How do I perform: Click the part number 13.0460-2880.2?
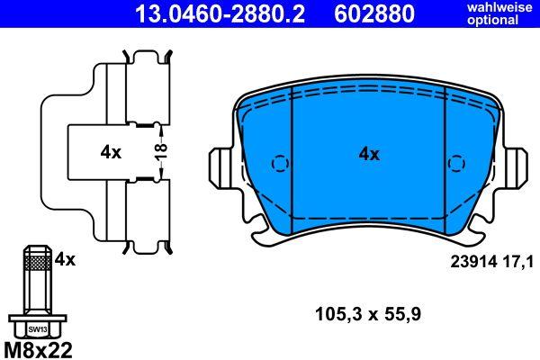coord(220,13)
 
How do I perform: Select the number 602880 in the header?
coord(374,13)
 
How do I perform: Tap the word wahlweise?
coord(499,7)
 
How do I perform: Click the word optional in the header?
coord(492,20)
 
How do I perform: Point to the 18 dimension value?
coord(161,151)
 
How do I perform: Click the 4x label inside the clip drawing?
coord(111,152)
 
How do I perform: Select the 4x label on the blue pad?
coord(369,154)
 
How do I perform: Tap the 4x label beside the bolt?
coord(65,259)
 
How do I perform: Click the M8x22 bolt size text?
coord(38,350)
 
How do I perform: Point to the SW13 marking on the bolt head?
coord(38,329)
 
